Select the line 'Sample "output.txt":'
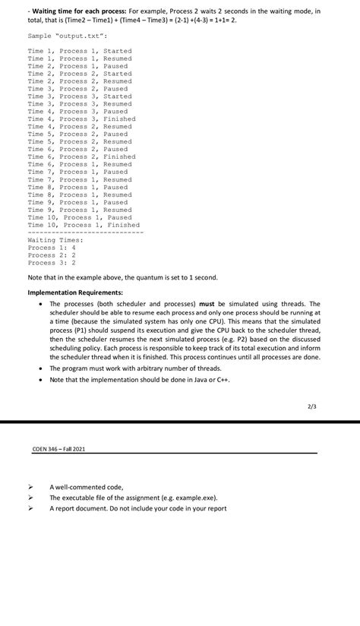point(68,36)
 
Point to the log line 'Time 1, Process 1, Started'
point(79,51)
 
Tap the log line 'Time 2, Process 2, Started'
point(79,74)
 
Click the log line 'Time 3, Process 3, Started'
point(79,96)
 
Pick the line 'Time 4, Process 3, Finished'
point(81,119)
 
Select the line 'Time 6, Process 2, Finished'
point(81,157)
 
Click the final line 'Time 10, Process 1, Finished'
point(84,225)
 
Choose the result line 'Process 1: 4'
point(51,248)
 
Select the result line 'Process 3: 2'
point(51,263)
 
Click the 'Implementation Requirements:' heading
point(74,292)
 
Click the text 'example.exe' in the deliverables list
point(194,498)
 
